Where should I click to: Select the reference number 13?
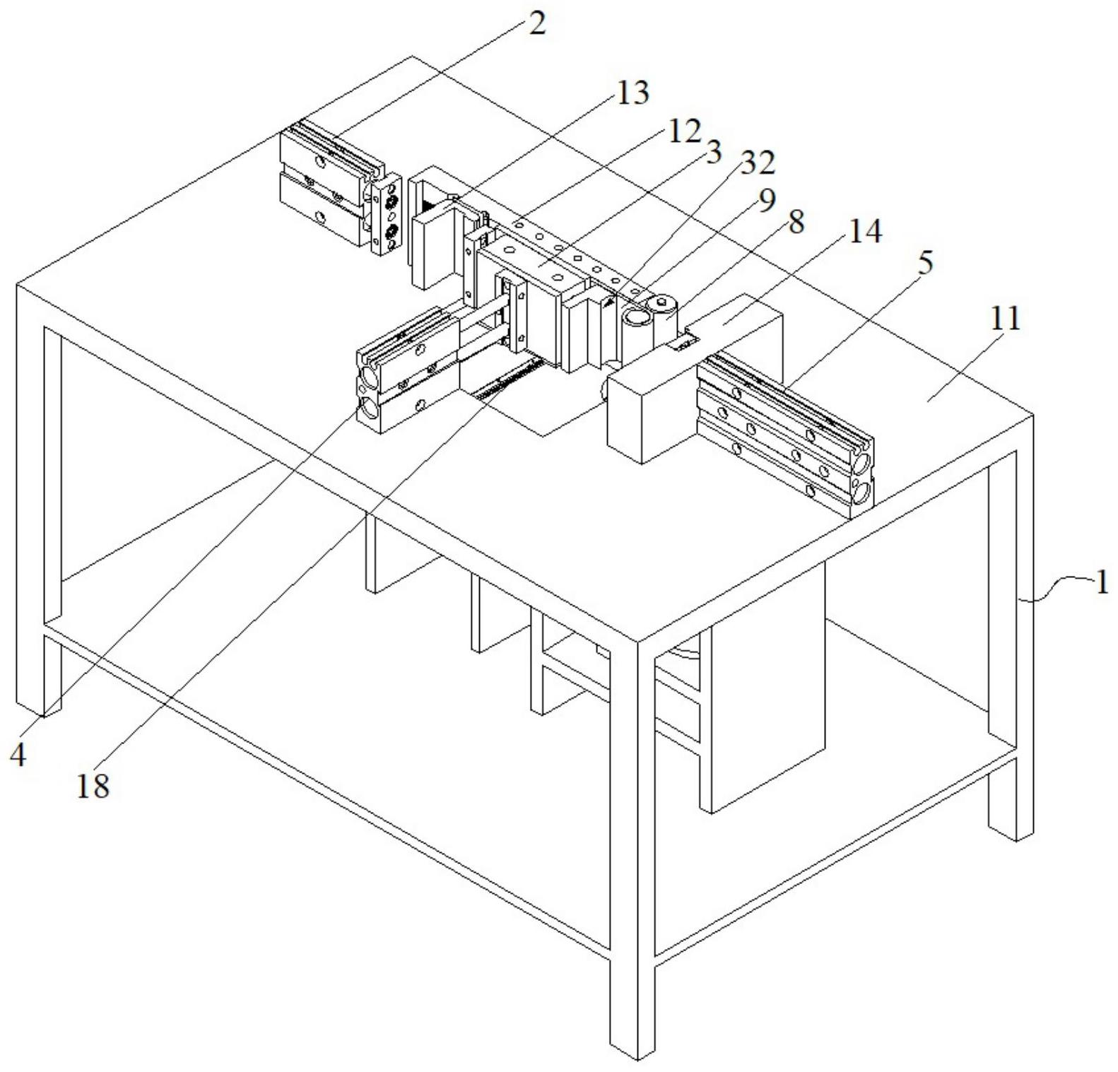pyautogui.click(x=632, y=93)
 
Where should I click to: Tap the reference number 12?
pyautogui.click(x=683, y=131)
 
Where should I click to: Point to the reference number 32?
pyautogui.click(x=757, y=163)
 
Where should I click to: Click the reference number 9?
pyautogui.click(x=766, y=199)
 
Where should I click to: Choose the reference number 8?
pyautogui.click(x=795, y=223)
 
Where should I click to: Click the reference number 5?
pyautogui.click(x=924, y=262)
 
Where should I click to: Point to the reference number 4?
pyautogui.click(x=18, y=756)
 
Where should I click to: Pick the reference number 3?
pyautogui.click(x=714, y=151)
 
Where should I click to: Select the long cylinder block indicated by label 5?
pyautogui.click(x=784, y=431)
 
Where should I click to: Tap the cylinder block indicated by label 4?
pyautogui.click(x=406, y=371)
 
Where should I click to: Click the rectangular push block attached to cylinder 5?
pyautogui.click(x=650, y=410)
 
